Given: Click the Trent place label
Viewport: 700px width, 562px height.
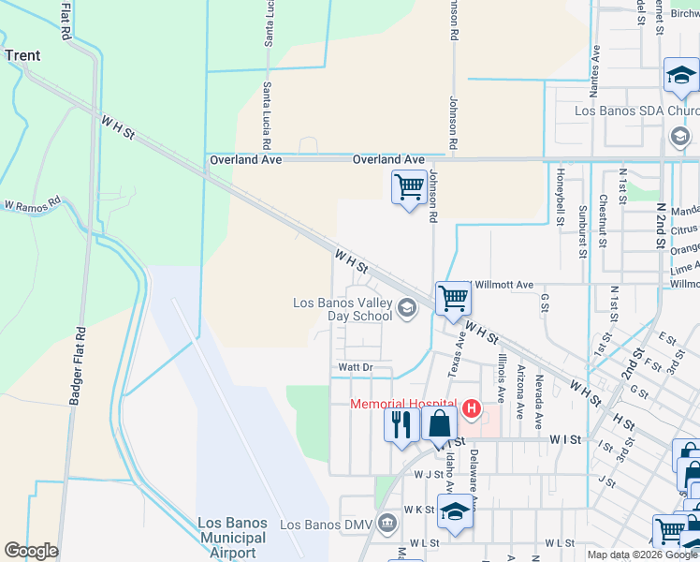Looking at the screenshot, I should [x=22, y=55].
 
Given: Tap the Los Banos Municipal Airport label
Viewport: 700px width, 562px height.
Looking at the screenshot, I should [x=233, y=538].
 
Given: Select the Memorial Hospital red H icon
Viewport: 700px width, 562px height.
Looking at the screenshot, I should [x=472, y=408].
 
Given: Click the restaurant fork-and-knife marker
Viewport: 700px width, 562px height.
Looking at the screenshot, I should [x=401, y=423].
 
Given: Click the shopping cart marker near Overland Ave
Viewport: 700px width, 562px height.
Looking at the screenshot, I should [x=409, y=186].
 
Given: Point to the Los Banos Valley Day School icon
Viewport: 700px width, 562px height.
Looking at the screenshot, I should [x=407, y=307].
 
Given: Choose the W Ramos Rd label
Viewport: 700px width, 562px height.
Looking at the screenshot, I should [x=32, y=202].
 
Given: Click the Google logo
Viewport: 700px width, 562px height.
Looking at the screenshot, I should [x=31, y=551].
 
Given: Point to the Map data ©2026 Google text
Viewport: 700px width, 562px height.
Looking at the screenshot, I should [x=641, y=555].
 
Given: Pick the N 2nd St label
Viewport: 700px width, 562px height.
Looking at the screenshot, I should [x=661, y=225].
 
